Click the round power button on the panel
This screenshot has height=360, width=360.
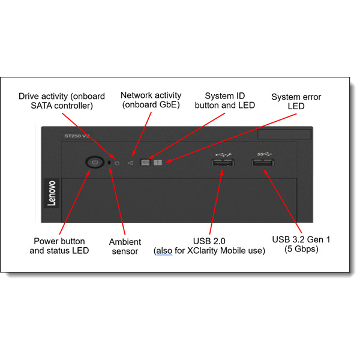pyautogui.click(x=95, y=163)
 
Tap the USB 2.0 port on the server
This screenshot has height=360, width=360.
pyautogui.click(x=223, y=163)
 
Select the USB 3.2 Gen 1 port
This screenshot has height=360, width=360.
pyautogui.click(x=263, y=163)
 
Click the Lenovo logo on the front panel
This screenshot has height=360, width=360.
pyautogui.click(x=52, y=193)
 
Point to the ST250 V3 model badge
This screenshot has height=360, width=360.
pyautogui.click(x=76, y=136)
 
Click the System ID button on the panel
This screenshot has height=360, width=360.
pyautogui.click(x=145, y=163)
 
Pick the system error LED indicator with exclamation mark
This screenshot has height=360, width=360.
pyautogui.click(x=158, y=163)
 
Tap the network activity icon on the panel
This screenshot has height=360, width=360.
pyautogui.click(x=130, y=163)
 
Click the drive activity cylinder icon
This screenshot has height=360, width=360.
pyautogui.click(x=117, y=163)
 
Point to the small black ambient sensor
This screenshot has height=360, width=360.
pyautogui.click(x=109, y=163)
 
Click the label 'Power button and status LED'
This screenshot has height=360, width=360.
pyautogui.click(x=59, y=245)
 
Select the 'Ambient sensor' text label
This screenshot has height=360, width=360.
pyautogui.click(x=125, y=247)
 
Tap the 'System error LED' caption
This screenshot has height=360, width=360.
pyautogui.click(x=296, y=101)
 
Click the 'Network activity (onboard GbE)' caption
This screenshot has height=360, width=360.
pyautogui.click(x=151, y=100)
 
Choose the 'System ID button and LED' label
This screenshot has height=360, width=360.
pyautogui.click(x=225, y=101)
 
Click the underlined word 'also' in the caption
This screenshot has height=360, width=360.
pyautogui.click(x=164, y=250)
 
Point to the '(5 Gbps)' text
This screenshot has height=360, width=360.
pyautogui.click(x=301, y=249)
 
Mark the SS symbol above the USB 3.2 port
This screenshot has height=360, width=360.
pyautogui.click(x=264, y=154)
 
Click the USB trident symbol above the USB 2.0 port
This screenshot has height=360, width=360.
pyautogui.click(x=224, y=155)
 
